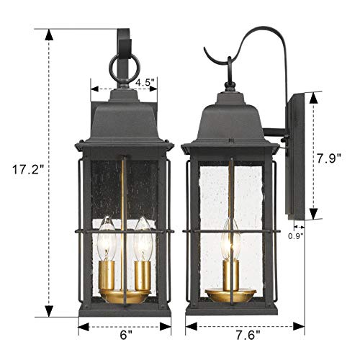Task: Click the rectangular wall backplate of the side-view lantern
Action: coord(298,158)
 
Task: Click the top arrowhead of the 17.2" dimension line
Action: coord(49,33)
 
